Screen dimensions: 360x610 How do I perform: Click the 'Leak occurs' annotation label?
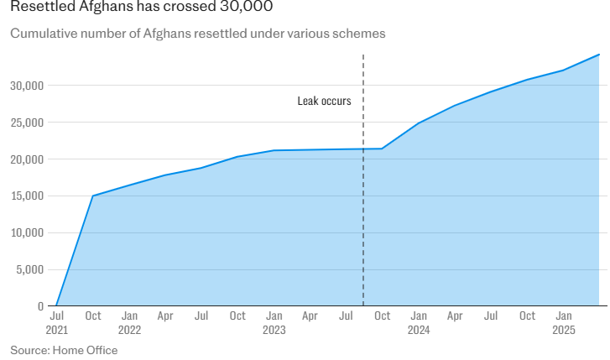click(324, 101)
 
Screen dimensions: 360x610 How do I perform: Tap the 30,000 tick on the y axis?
click(27, 86)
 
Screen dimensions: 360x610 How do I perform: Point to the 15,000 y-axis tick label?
click(27, 196)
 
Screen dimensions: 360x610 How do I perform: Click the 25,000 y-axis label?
click(27, 123)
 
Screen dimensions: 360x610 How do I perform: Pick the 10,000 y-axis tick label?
click(27, 232)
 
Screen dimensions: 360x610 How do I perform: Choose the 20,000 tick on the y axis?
click(27, 159)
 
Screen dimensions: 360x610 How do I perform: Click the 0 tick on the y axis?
click(40, 306)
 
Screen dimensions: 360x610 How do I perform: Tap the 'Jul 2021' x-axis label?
click(57, 323)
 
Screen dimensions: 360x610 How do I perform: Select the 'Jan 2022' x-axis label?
click(129, 323)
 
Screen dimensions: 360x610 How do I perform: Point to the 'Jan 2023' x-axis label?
click(274, 323)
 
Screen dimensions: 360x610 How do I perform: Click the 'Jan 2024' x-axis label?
click(418, 323)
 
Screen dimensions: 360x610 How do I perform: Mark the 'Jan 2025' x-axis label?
click(563, 323)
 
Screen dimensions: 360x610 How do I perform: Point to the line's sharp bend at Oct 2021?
click(92, 196)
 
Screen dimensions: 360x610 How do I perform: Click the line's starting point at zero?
click(56, 306)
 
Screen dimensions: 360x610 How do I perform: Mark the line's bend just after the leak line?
click(382, 149)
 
